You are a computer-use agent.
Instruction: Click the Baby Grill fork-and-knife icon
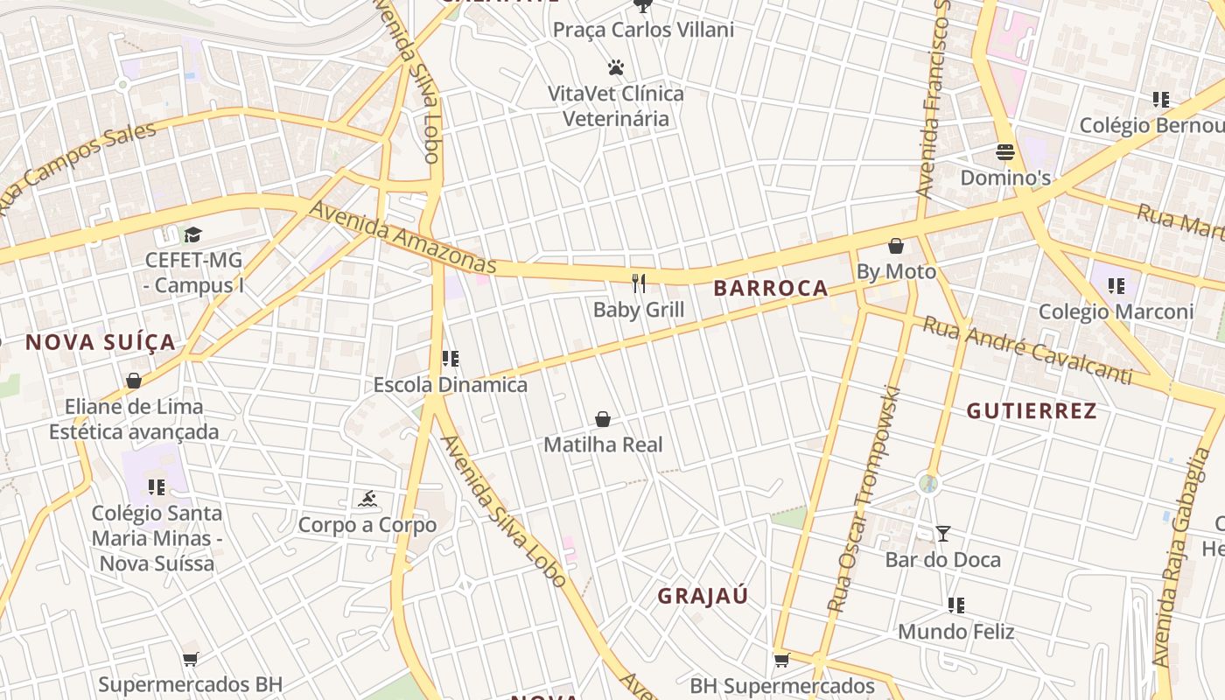(x=639, y=283)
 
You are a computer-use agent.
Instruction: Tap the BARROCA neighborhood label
(x=770, y=288)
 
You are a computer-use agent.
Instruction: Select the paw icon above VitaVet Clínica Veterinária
(x=616, y=67)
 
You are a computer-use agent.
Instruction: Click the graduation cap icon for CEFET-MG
(x=192, y=234)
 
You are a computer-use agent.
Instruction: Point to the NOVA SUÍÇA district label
(x=101, y=342)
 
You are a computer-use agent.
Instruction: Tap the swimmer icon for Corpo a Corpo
(x=367, y=499)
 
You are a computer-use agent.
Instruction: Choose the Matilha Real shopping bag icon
(x=603, y=419)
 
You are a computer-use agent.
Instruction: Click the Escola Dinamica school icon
(x=451, y=359)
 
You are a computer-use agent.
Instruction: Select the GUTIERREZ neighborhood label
(x=1032, y=411)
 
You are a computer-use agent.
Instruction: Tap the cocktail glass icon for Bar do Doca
(x=942, y=534)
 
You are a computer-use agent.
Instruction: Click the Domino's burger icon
(x=1004, y=152)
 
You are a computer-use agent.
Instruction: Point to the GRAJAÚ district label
(x=703, y=596)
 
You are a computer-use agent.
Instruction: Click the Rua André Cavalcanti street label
(x=1027, y=351)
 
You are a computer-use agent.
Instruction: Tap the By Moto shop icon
(x=895, y=246)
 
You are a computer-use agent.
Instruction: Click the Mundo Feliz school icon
(x=956, y=605)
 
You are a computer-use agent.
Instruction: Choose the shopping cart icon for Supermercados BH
(x=190, y=659)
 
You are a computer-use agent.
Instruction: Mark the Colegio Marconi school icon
(x=1116, y=286)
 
